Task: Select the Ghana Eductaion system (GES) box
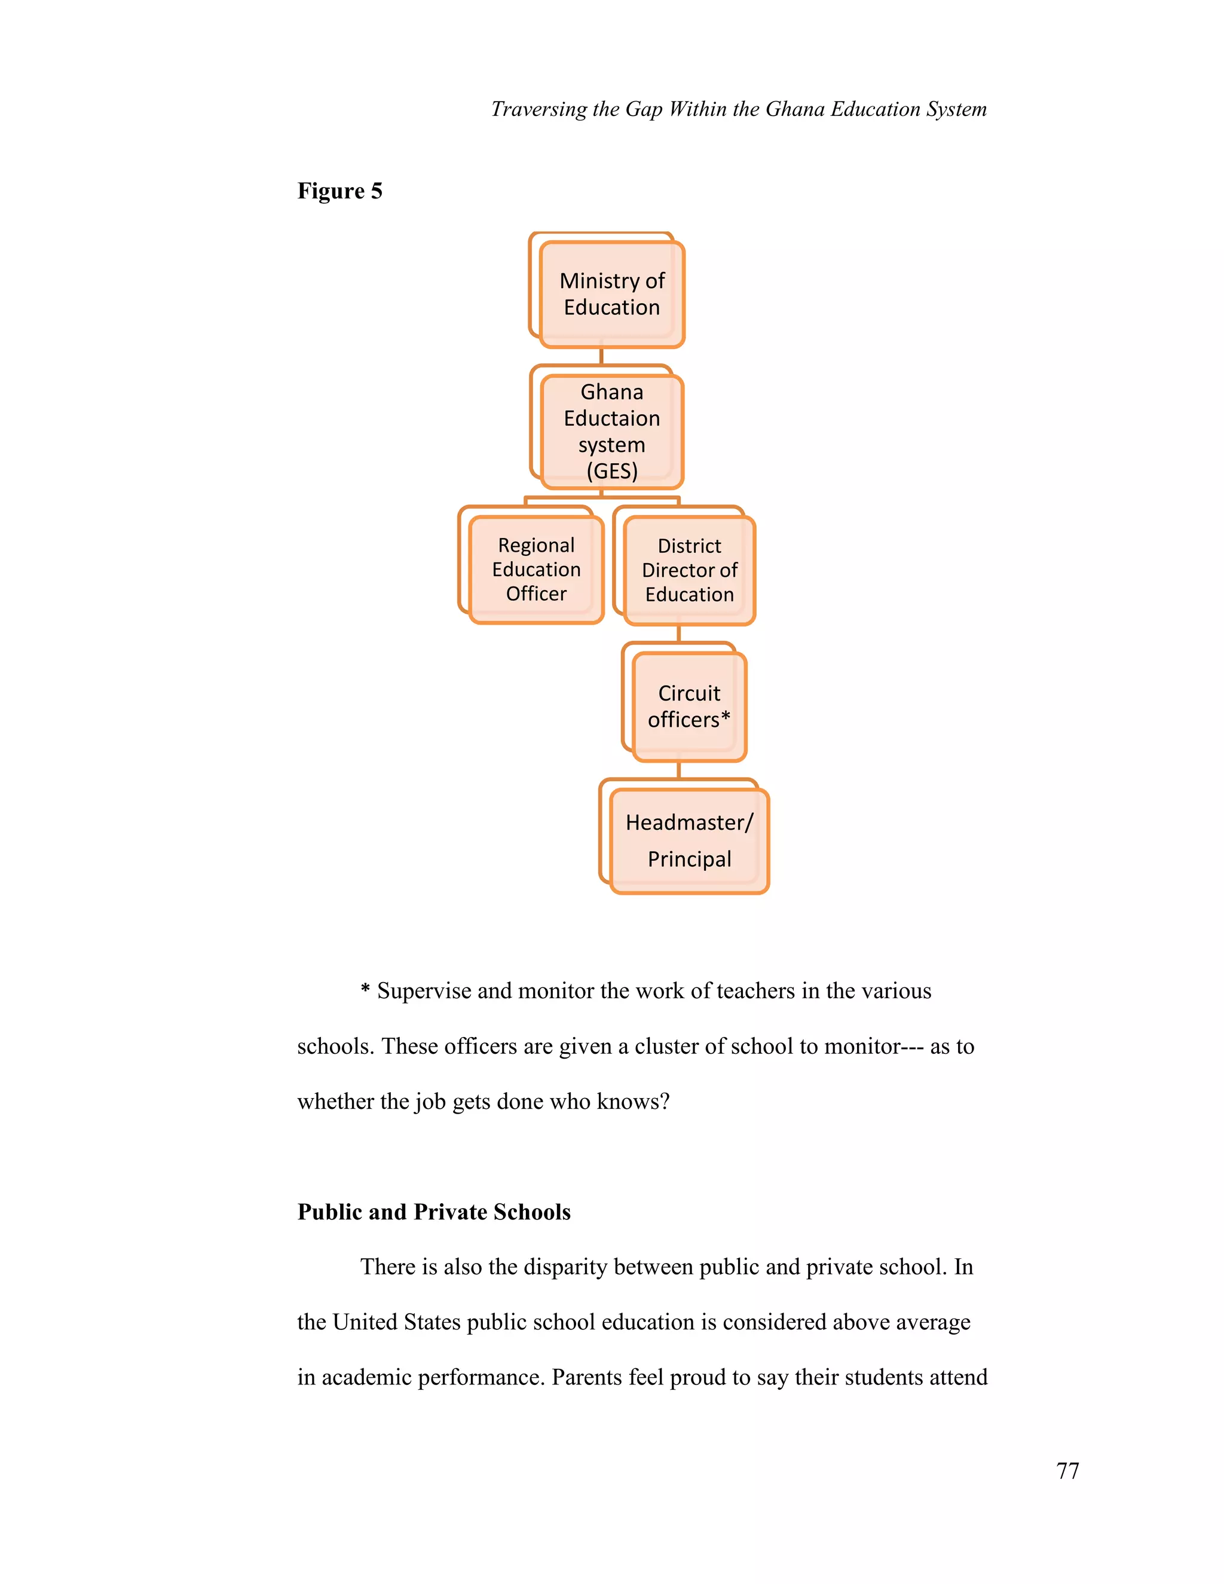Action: [x=612, y=432]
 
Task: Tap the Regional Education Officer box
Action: [x=537, y=569]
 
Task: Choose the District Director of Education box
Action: [x=690, y=570]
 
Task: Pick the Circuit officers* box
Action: [x=690, y=707]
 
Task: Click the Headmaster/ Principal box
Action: [x=690, y=840]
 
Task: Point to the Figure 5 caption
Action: [x=339, y=191]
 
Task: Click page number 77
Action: [x=1067, y=1470]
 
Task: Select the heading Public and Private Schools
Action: [x=434, y=1212]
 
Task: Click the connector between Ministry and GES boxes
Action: [x=601, y=356]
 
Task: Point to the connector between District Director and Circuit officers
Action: [x=679, y=634]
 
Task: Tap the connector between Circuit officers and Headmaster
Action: [x=679, y=769]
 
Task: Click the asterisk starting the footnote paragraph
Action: [x=365, y=989]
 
